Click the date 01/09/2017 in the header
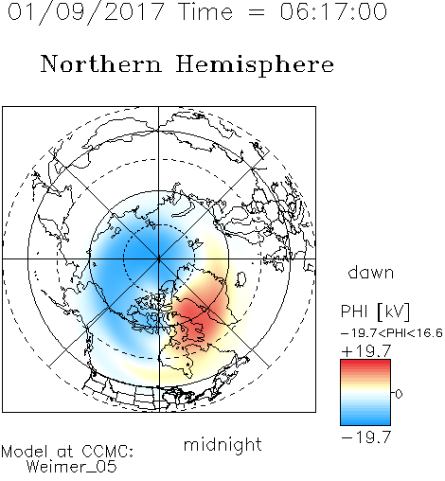click(85, 11)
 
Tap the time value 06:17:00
click(333, 11)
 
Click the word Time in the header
click(205, 11)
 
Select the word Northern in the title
click(101, 63)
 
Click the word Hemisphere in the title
click(255, 65)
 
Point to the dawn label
click(371, 272)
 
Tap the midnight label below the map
click(222, 444)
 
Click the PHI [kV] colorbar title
click(375, 312)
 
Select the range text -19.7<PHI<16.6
click(392, 332)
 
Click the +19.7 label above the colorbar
click(366, 351)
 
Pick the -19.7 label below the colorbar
click(366, 437)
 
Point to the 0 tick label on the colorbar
click(399, 394)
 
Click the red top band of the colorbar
click(365, 364)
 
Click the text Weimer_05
click(72, 467)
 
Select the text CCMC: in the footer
click(108, 452)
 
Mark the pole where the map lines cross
click(159, 258)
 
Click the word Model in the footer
click(25, 452)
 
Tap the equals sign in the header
click(257, 13)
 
